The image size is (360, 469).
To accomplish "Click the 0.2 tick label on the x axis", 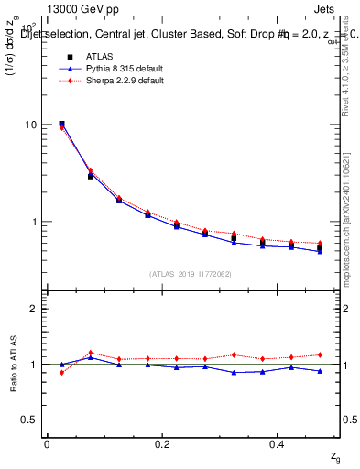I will click(x=162, y=443).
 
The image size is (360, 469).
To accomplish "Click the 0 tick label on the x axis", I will click(x=46, y=443).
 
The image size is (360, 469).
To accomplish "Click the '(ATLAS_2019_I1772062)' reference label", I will click(x=191, y=273).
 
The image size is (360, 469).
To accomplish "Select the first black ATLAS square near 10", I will click(x=61, y=124).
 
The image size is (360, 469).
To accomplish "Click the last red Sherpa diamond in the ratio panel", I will click(x=320, y=354).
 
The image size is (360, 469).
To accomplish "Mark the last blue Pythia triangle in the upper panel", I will click(x=320, y=251).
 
